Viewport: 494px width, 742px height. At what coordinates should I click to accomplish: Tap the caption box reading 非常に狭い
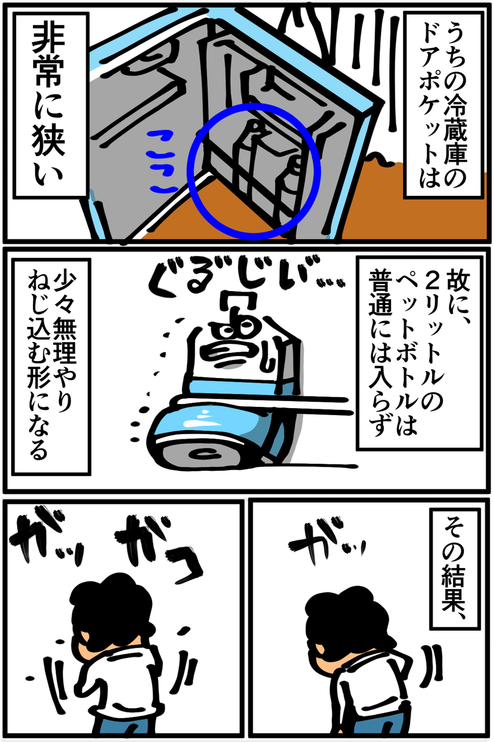pyautogui.click(x=50, y=106)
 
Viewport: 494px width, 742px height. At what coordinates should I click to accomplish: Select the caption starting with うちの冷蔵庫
pyautogui.click(x=444, y=106)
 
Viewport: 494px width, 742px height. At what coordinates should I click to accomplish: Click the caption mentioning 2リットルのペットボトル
pyautogui.click(x=419, y=353)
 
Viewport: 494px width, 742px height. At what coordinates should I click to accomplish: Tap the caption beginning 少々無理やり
pyautogui.click(x=52, y=367)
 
